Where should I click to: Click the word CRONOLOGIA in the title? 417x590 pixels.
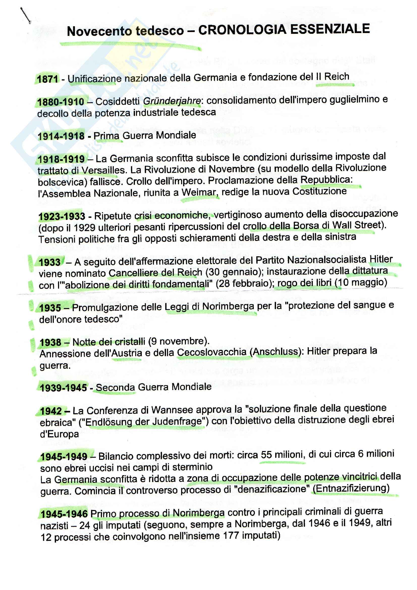242,30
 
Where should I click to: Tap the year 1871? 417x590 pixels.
47,79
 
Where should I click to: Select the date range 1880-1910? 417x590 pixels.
61,102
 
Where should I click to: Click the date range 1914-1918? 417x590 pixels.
61,136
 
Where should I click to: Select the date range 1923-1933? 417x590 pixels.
62,216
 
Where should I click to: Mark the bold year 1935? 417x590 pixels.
50,307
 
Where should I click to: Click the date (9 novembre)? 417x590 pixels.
179,341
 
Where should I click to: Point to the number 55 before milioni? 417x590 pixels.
266,455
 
